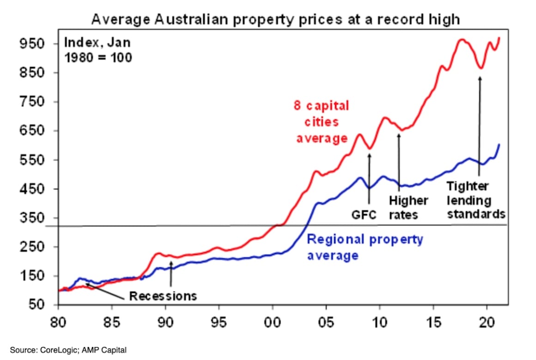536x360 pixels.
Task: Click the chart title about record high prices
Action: click(x=275, y=20)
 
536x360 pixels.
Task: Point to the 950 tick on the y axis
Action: click(x=32, y=44)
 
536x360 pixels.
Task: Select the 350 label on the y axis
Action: click(x=32, y=218)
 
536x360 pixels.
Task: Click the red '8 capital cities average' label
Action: click(x=322, y=122)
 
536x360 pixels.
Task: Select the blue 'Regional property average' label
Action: click(x=365, y=247)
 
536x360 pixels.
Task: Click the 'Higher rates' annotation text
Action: click(x=408, y=208)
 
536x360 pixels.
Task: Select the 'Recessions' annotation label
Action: click(x=163, y=296)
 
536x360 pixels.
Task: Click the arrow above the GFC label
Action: click(x=369, y=178)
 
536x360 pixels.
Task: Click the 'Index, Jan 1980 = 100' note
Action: click(x=97, y=50)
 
